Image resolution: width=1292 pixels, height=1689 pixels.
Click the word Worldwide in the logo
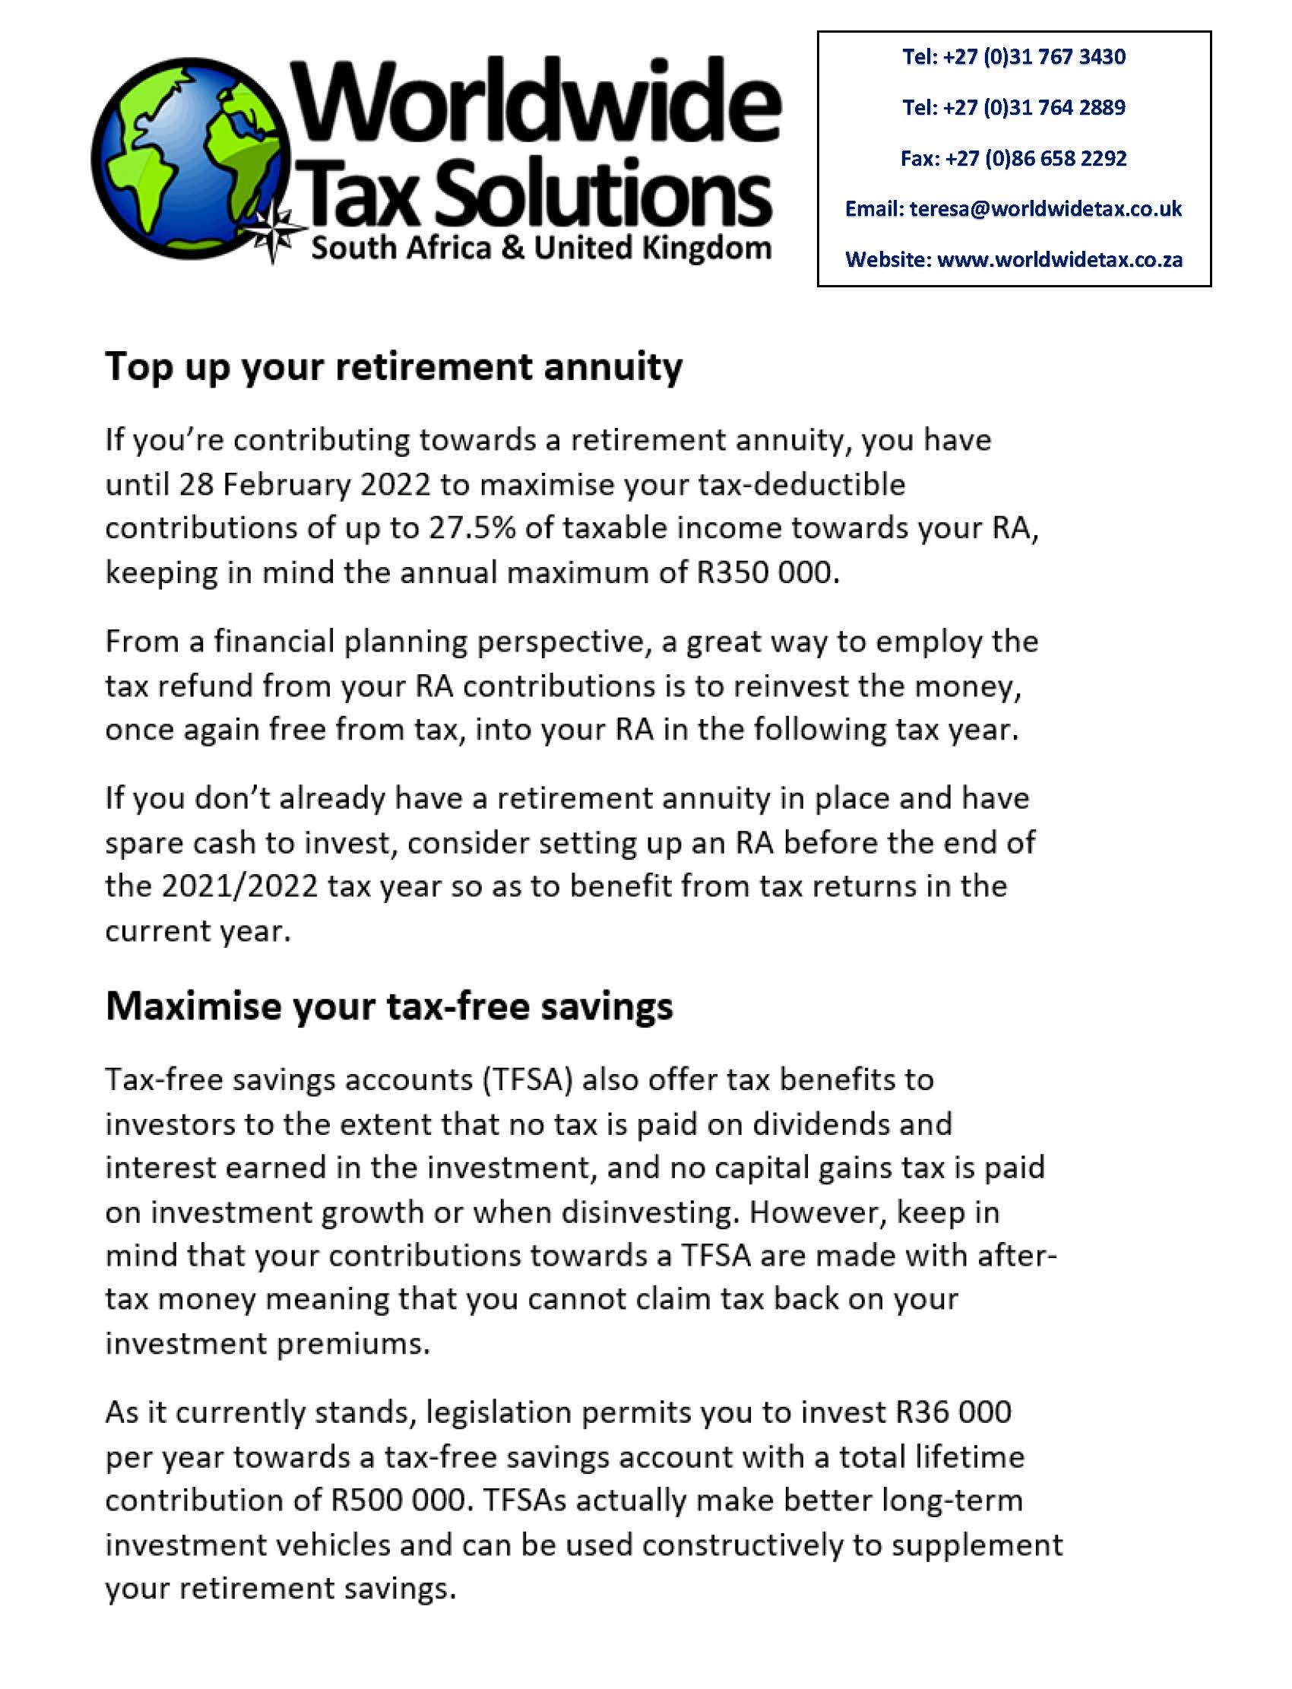point(538,104)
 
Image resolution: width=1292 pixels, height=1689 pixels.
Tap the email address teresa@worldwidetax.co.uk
point(1045,208)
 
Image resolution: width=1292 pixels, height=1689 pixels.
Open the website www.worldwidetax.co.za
point(1059,259)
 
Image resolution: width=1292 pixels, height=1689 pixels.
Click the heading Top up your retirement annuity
point(394,367)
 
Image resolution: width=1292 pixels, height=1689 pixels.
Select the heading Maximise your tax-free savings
point(389,1006)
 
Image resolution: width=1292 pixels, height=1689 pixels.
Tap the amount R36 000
point(953,1413)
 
